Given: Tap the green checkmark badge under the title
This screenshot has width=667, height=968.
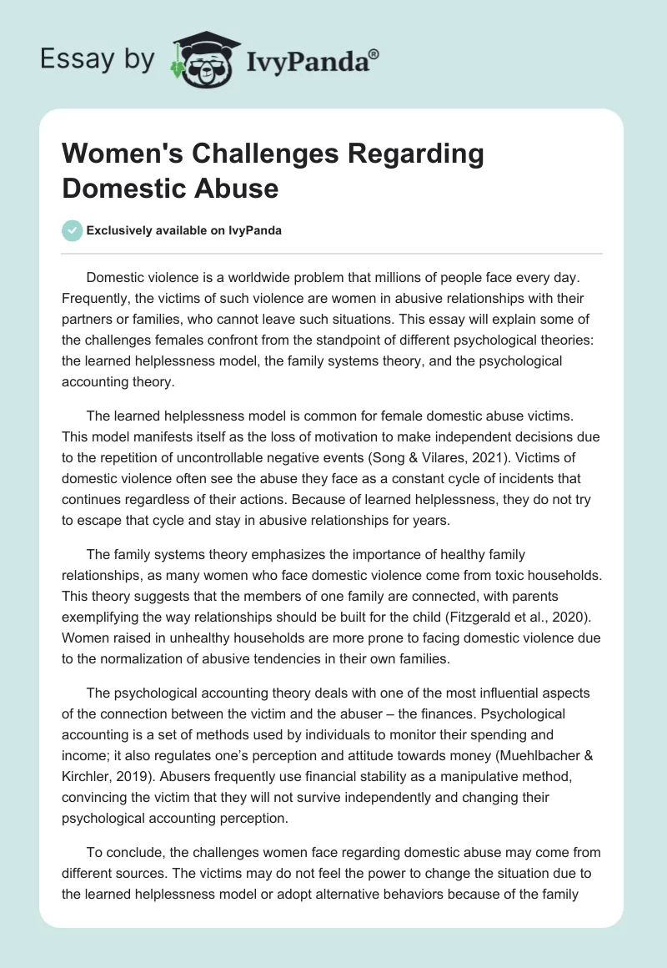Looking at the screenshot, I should pos(73,230).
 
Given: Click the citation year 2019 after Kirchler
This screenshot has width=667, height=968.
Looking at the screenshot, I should pos(144,756).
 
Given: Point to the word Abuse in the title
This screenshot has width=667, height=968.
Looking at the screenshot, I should pos(239,188).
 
